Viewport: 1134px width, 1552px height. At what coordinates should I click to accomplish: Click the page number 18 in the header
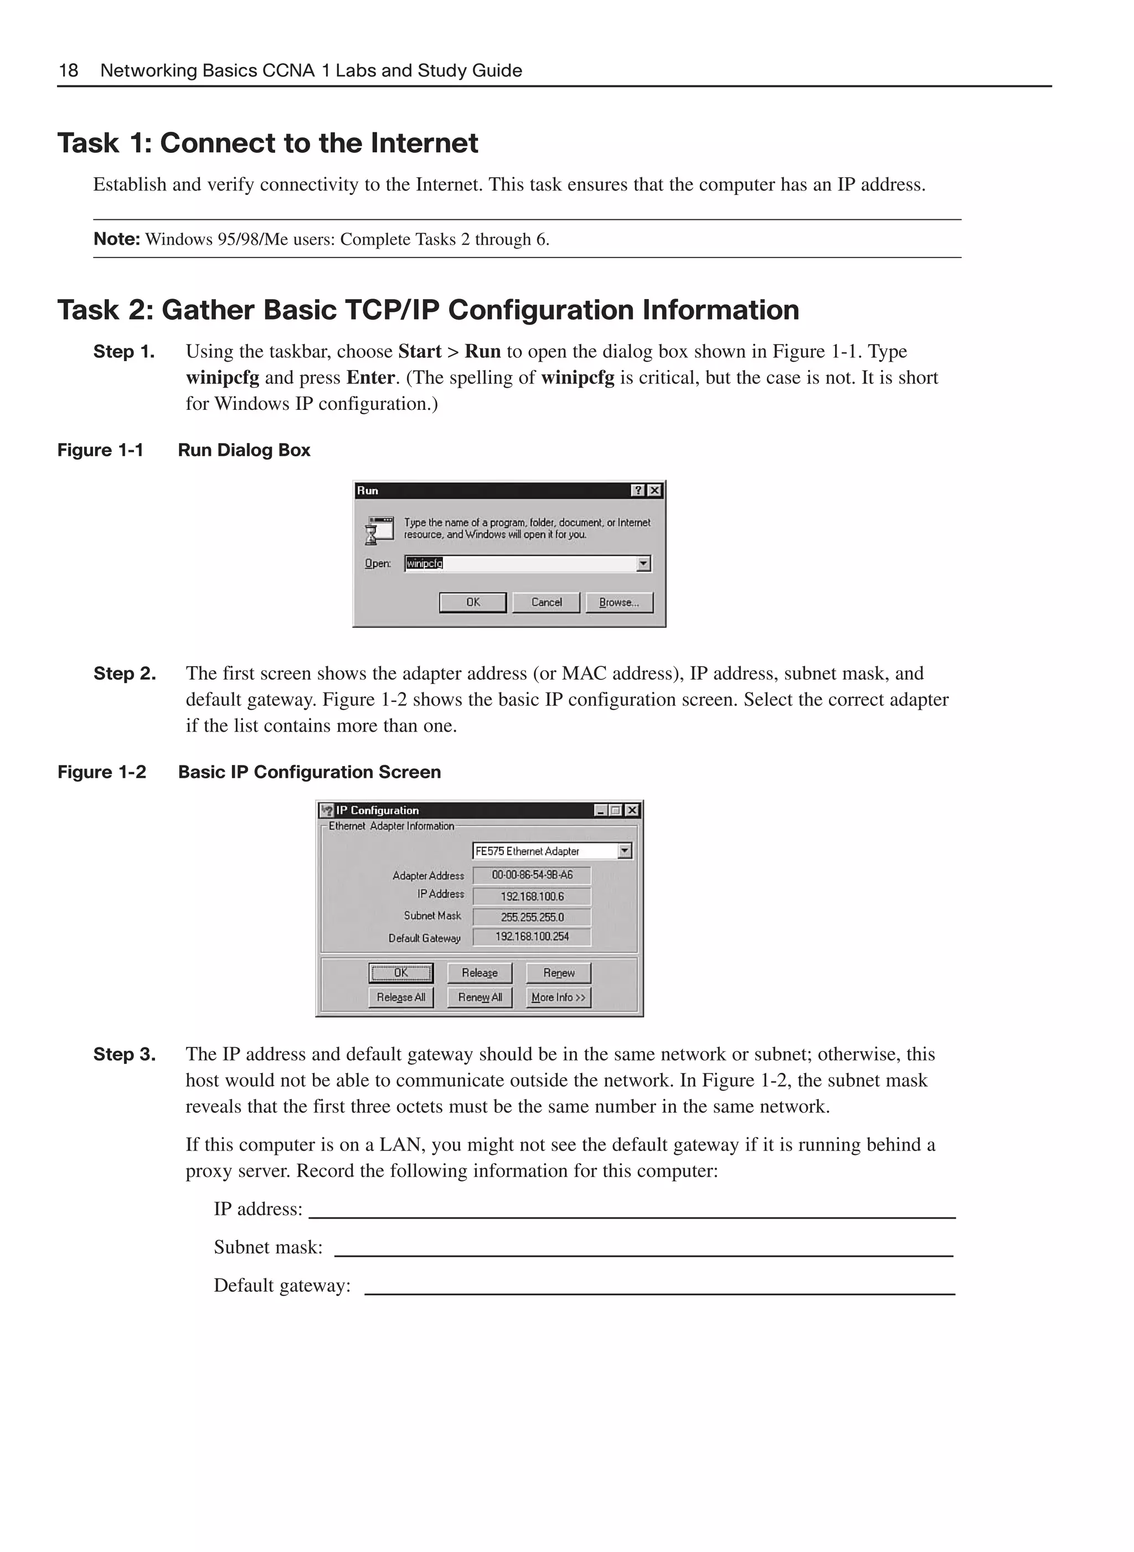69,71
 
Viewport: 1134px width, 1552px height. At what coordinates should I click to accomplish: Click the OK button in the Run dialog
472,602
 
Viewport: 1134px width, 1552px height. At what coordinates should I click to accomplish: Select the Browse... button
618,602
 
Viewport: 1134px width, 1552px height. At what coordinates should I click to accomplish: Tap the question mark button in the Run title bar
638,490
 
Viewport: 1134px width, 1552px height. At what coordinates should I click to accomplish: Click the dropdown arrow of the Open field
643,564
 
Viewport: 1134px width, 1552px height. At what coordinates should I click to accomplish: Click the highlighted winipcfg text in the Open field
424,564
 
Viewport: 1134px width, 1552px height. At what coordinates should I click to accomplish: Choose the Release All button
401,997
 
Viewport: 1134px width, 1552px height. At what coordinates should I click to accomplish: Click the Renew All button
480,997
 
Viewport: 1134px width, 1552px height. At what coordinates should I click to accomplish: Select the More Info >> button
558,997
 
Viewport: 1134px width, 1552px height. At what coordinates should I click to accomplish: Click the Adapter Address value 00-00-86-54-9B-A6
532,875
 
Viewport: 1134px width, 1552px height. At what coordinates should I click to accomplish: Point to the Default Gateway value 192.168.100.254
532,937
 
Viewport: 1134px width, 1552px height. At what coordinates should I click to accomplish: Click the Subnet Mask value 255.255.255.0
532,917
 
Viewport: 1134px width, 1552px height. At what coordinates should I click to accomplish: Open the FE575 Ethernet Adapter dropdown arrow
624,851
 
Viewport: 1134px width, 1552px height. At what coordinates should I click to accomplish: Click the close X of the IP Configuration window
632,810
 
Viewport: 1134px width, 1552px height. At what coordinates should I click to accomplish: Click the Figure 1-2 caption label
101,772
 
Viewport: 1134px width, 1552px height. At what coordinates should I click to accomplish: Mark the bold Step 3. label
124,1054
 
